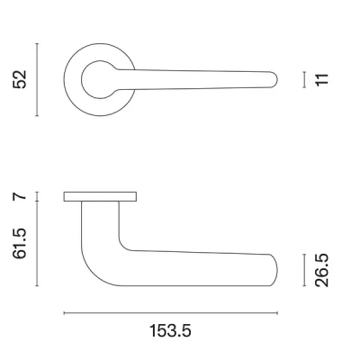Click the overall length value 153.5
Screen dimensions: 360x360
click(x=171, y=330)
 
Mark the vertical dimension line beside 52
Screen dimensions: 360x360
click(x=37, y=79)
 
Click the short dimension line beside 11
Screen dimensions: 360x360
click(x=305, y=80)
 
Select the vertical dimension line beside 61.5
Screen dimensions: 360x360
click(x=37, y=243)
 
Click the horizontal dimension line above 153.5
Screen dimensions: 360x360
click(x=171, y=312)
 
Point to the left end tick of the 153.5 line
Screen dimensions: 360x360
click(x=65, y=312)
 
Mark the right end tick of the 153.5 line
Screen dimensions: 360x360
click(x=277, y=312)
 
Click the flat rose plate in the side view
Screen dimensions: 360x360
click(x=100, y=196)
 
